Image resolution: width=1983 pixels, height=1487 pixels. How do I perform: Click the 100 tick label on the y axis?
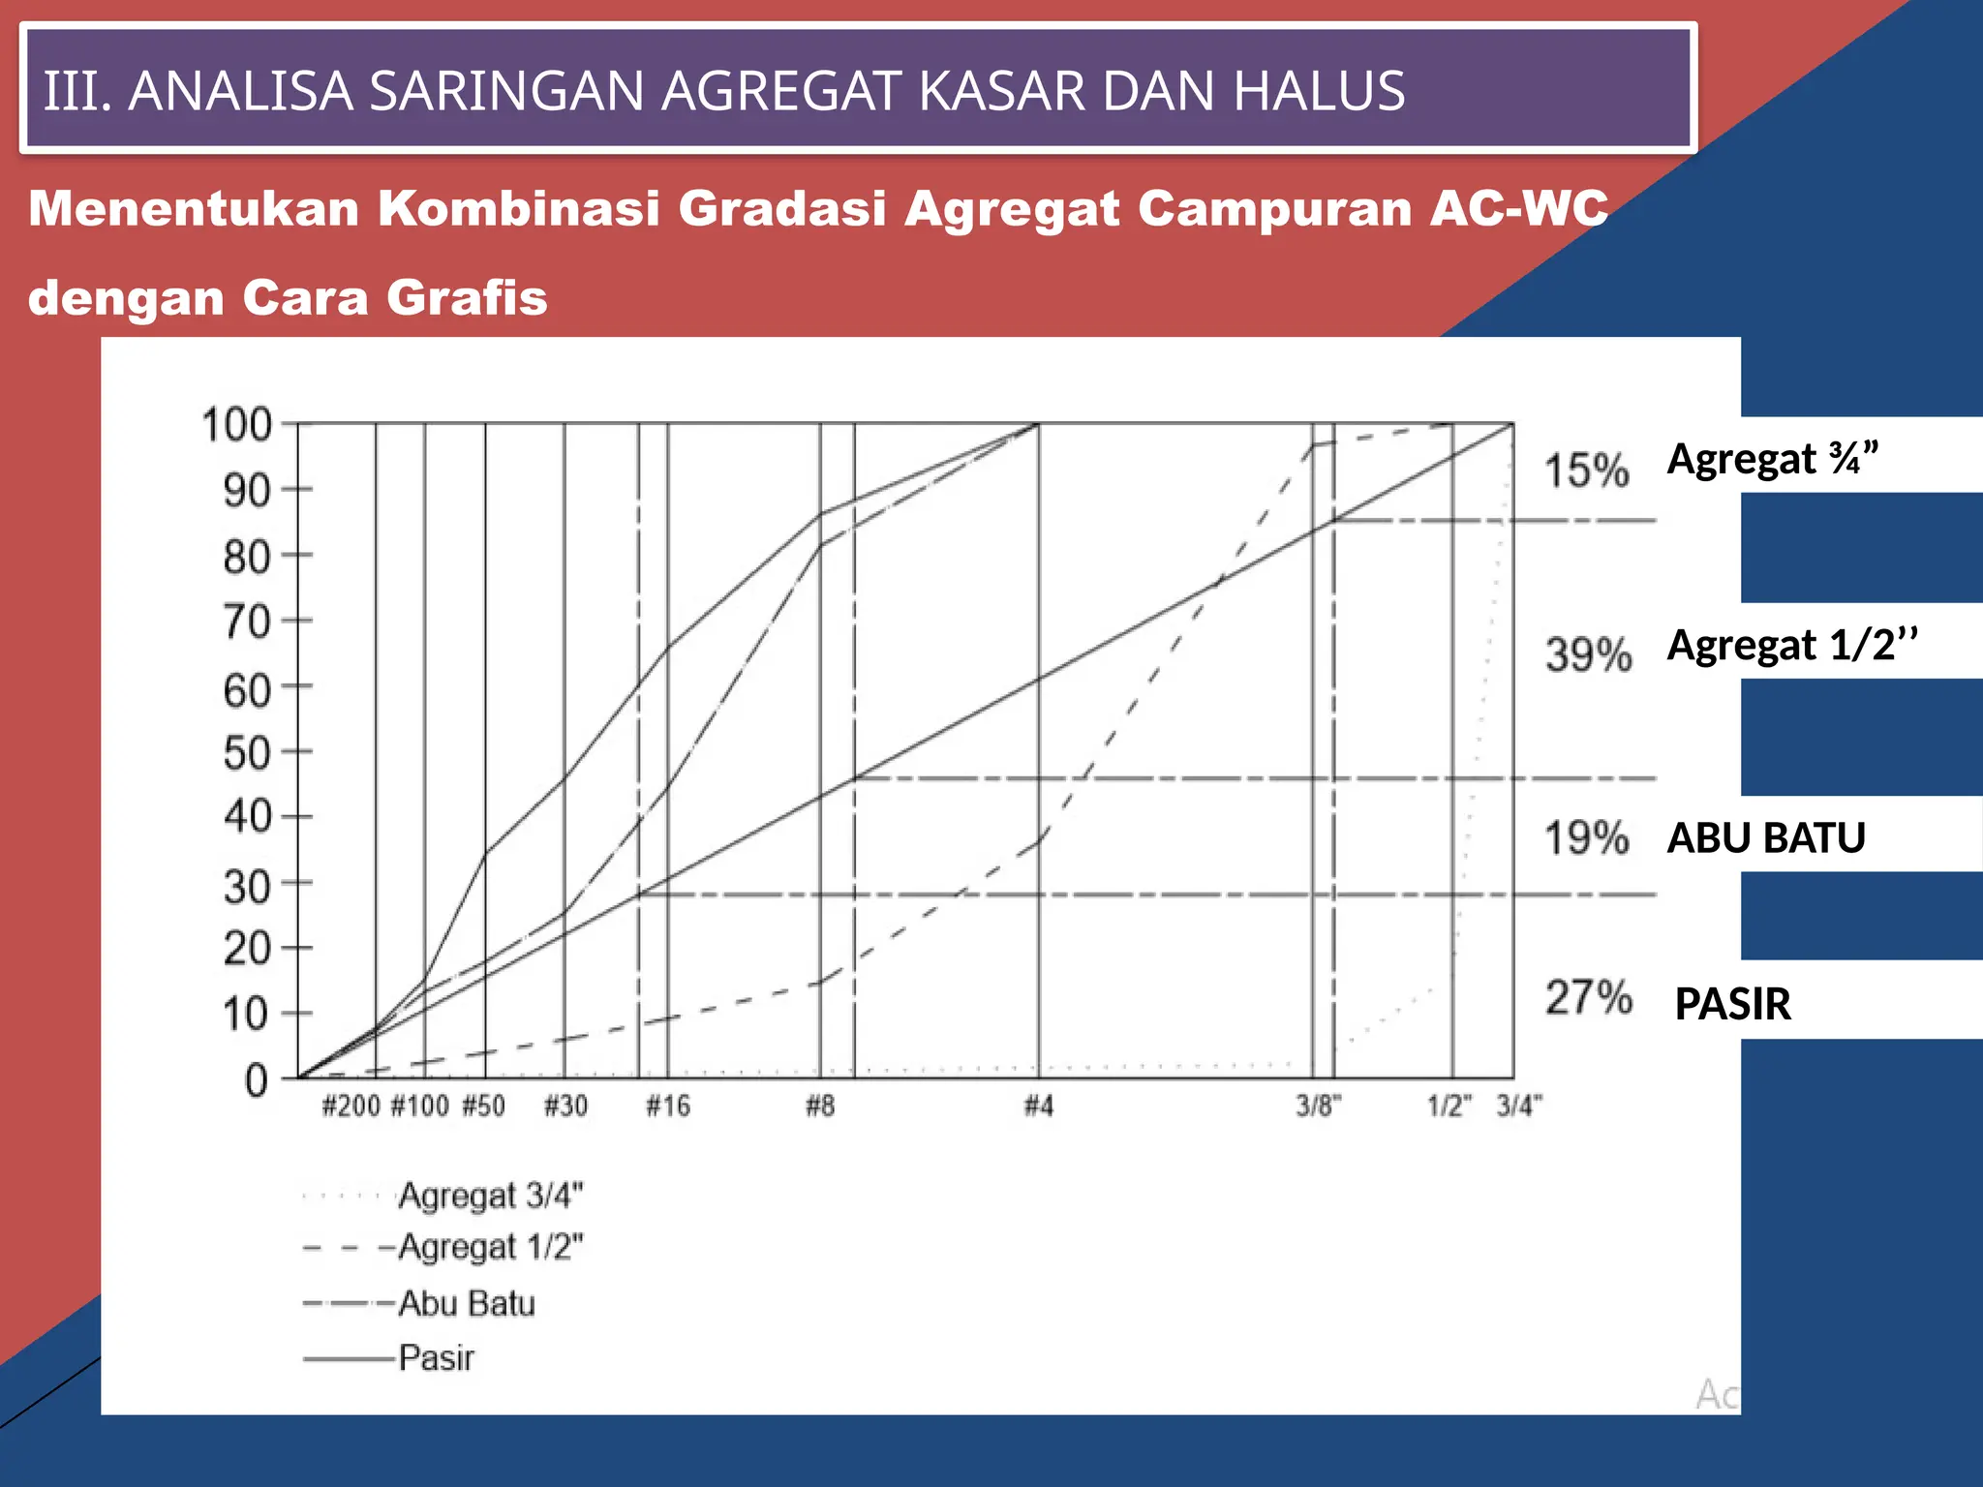[235, 425]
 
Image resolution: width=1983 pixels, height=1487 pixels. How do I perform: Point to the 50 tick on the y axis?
[247, 753]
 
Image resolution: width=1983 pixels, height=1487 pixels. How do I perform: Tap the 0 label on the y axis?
[257, 1080]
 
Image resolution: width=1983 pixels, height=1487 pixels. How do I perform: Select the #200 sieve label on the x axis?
[351, 1106]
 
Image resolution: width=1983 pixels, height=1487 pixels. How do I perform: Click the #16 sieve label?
[668, 1106]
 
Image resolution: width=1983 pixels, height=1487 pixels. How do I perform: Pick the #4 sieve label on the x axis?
[1039, 1106]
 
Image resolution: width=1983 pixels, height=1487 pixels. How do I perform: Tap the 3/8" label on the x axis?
[1319, 1106]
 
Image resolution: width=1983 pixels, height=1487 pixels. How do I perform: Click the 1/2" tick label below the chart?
[1449, 1106]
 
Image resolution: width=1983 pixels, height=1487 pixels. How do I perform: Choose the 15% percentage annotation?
[1586, 470]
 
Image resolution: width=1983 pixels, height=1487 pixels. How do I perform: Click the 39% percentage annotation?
[1588, 654]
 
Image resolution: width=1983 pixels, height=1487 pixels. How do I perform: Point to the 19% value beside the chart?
[1586, 838]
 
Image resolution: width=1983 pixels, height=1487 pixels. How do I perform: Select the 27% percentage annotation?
[1588, 997]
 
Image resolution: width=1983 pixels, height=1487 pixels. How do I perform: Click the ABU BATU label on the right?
[1766, 838]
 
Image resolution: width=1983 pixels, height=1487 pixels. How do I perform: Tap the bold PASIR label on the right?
[1732, 1004]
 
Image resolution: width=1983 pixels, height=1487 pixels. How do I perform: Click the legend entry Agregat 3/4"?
[491, 1197]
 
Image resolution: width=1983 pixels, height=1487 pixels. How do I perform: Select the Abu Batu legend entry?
[467, 1304]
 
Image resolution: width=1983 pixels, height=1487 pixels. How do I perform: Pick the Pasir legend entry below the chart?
[437, 1358]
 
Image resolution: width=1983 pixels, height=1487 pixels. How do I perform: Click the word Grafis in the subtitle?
[467, 297]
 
